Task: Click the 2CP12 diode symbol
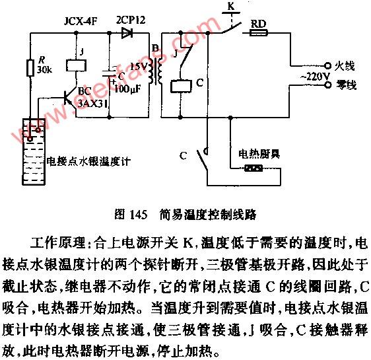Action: (x=127, y=33)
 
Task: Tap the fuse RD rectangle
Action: (x=259, y=33)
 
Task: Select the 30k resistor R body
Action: (x=30, y=68)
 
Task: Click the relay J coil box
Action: (x=76, y=65)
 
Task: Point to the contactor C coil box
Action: (x=181, y=86)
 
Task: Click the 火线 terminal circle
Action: (x=327, y=65)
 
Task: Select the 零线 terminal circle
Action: (x=327, y=85)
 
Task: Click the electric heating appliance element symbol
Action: (x=253, y=168)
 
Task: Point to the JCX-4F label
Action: (x=81, y=22)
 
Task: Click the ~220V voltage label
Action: (x=315, y=76)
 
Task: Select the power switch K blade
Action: (x=232, y=28)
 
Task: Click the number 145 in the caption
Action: (x=139, y=215)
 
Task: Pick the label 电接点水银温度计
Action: (x=88, y=161)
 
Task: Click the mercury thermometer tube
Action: (x=34, y=151)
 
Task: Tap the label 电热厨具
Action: (x=259, y=154)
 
